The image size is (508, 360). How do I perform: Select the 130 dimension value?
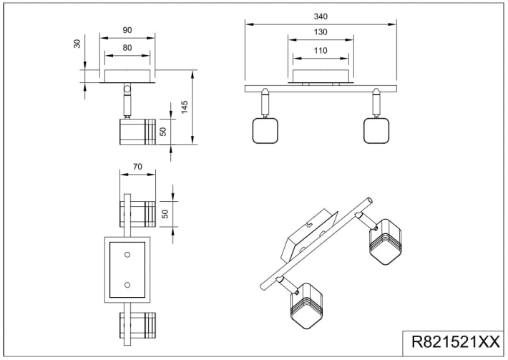coord(320,32)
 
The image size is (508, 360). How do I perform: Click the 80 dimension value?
coord(127,48)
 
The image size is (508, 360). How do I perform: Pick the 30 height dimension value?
coord(77,44)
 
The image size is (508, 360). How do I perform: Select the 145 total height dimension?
coord(185,107)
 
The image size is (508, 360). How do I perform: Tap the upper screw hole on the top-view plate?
coord(127,254)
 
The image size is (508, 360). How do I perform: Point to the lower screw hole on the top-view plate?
coord(127,285)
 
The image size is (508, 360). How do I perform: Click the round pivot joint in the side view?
coord(127,90)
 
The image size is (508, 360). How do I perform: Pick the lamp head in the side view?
coord(133,132)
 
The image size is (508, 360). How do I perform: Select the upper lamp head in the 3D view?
coord(385,238)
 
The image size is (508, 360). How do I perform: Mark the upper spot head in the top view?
coord(138,213)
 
